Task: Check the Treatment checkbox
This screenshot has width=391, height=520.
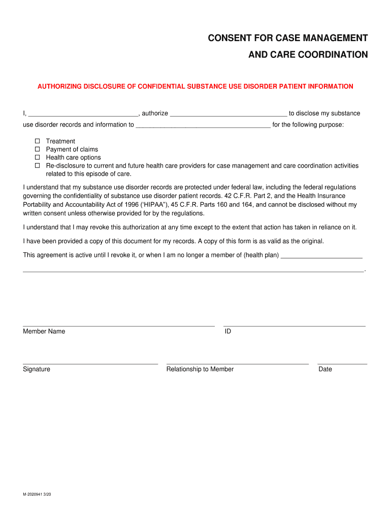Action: (x=37, y=141)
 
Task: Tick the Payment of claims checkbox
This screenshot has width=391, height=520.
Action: (x=37, y=149)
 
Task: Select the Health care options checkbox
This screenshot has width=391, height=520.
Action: (x=37, y=157)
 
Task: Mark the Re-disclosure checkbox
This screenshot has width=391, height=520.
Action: (x=37, y=166)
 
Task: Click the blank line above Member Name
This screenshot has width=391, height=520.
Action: (x=118, y=325)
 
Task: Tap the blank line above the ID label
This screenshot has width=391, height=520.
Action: (x=294, y=325)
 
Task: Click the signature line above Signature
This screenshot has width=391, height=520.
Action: (x=90, y=363)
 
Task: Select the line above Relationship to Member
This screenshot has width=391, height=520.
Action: (x=237, y=363)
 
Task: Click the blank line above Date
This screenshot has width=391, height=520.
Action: (x=342, y=363)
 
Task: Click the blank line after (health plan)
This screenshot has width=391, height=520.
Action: (x=321, y=257)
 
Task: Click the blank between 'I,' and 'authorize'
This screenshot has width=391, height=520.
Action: (x=83, y=115)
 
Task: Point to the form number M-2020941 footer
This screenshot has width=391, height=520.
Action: (x=37, y=493)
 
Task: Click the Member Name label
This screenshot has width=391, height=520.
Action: (x=44, y=331)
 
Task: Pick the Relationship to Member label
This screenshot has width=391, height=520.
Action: (x=200, y=369)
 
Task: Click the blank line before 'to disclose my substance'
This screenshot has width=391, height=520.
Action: (x=229, y=115)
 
